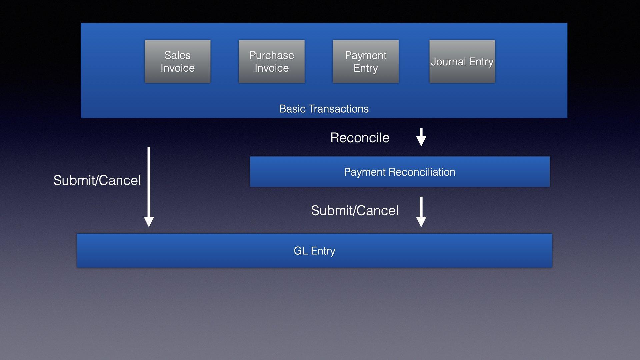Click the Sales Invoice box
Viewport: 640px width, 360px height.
pos(177,62)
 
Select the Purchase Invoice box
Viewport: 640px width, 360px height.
pos(271,62)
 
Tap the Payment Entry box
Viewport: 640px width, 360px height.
pos(365,62)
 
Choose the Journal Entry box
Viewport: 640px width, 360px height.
pos(462,62)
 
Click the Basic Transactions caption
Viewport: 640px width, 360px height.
pos(324,109)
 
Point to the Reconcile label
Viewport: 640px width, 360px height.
pos(360,138)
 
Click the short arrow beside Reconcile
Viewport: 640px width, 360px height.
pos(421,137)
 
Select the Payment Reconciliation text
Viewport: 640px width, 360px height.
pos(399,172)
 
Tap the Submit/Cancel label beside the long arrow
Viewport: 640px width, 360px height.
pos(97,180)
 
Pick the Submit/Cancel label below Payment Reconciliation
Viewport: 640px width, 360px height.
pos(355,211)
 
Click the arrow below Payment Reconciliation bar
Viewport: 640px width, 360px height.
pos(421,212)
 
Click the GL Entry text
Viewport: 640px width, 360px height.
pos(314,251)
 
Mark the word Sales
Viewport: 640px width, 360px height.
pos(177,55)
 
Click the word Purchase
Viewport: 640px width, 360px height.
pos(271,55)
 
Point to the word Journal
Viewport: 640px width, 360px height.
pos(448,62)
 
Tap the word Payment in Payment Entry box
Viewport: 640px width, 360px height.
pos(365,55)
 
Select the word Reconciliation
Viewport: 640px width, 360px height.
pos(422,172)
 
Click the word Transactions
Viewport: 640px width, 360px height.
pos(338,109)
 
